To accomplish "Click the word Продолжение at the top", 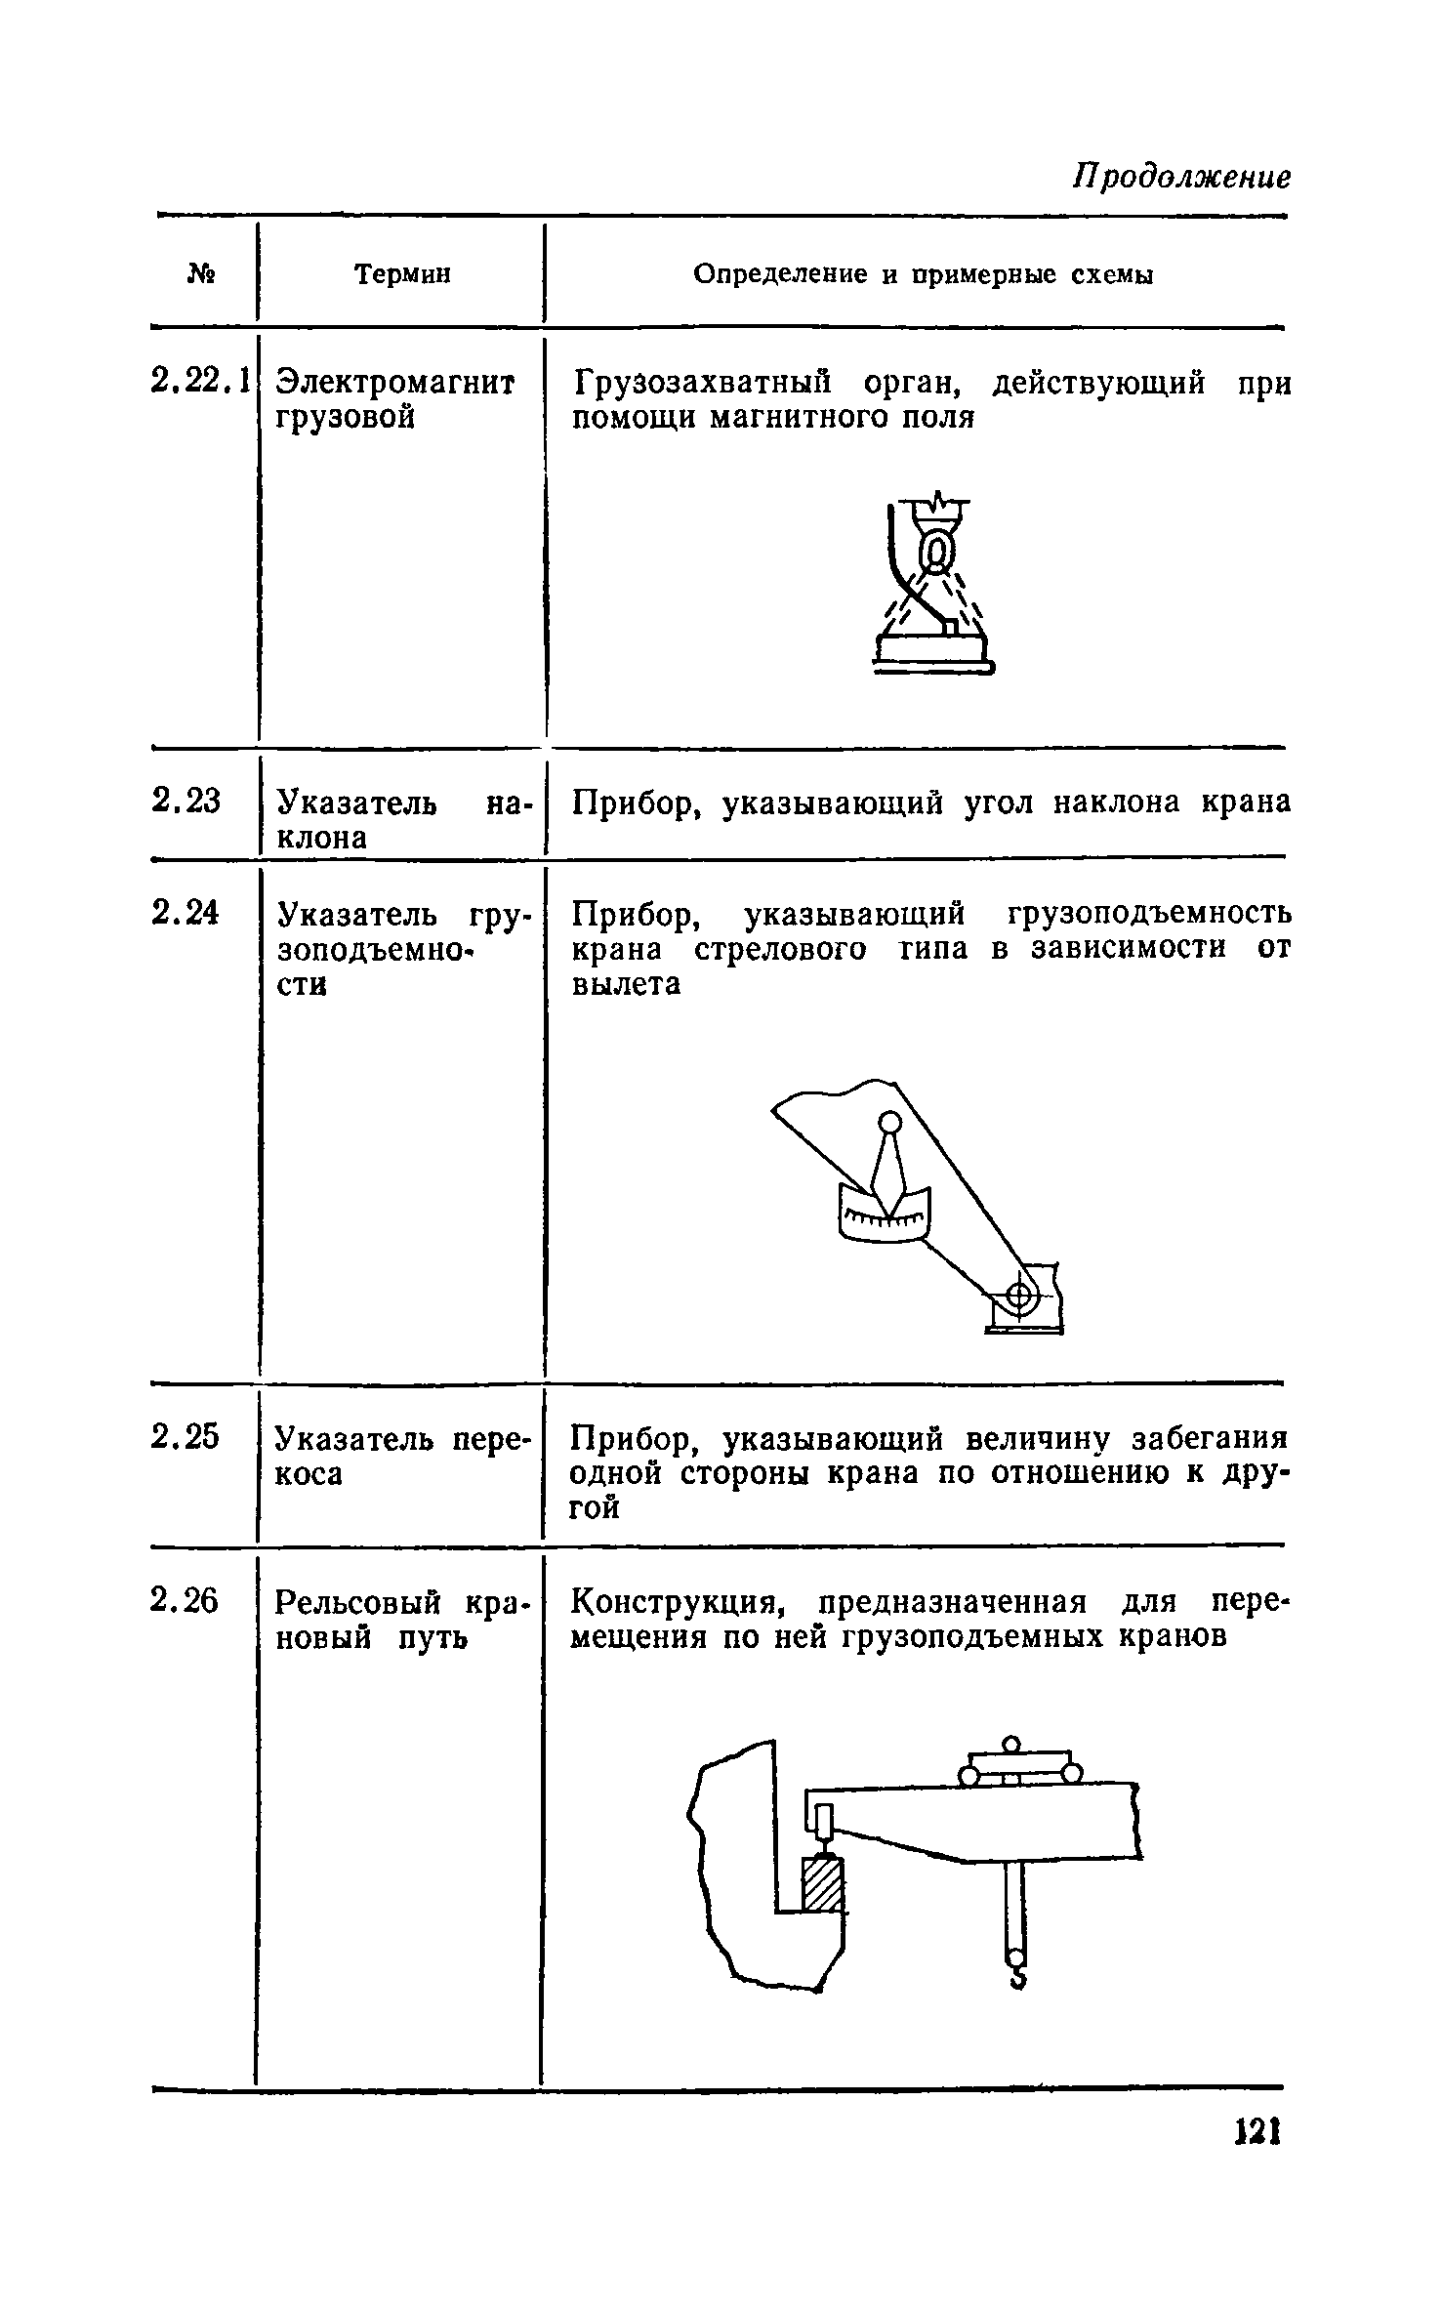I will click(1181, 178).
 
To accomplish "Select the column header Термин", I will click(402, 275).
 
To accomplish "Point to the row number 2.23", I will click(186, 802).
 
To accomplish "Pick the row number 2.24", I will click(186, 913).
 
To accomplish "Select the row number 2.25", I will click(186, 1437).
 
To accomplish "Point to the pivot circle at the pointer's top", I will click(889, 1124).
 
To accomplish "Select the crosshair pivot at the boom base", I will click(1018, 1297).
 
